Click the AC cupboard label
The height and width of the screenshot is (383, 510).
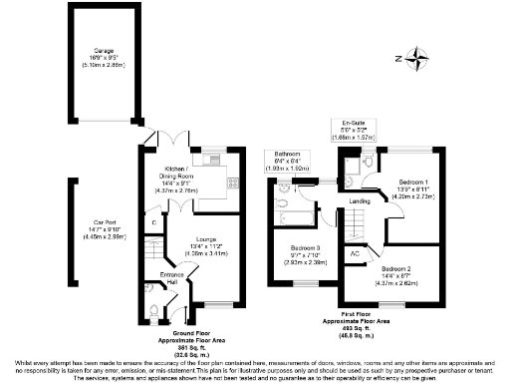tap(356, 254)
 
